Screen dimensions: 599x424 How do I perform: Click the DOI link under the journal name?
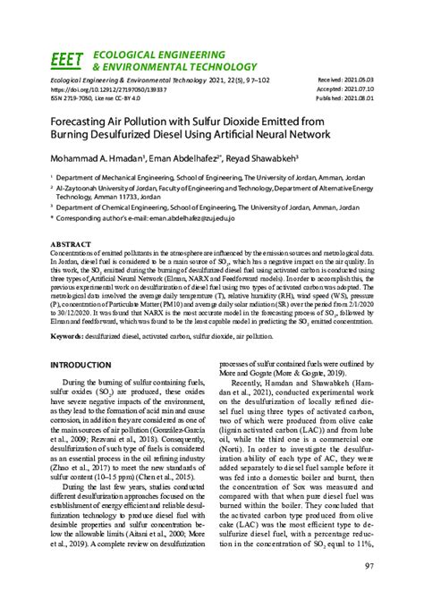point(109,89)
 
